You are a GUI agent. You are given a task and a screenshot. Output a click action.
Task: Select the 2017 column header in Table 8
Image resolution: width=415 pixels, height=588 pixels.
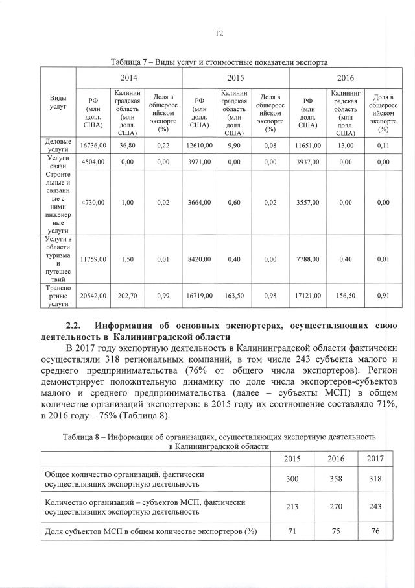(x=375, y=458)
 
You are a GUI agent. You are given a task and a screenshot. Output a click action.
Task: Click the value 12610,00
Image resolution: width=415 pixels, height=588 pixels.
(x=200, y=146)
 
